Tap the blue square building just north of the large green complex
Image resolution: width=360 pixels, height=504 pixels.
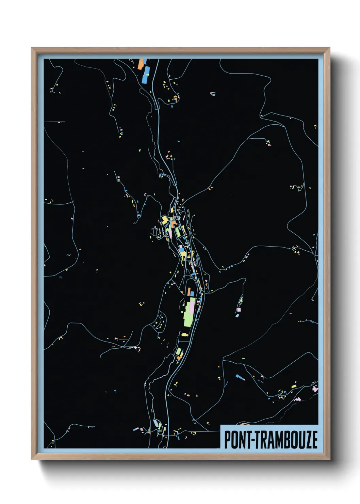[192, 293]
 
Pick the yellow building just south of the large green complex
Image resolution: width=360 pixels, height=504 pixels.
[185, 334]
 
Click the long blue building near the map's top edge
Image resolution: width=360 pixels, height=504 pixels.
[146, 75]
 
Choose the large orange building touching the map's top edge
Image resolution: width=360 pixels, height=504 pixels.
[141, 64]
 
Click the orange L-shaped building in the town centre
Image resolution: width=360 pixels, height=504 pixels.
[173, 224]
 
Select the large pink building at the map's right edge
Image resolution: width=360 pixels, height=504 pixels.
[315, 388]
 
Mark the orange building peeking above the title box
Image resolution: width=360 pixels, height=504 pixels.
[244, 424]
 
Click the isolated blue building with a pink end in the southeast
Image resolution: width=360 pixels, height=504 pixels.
[240, 377]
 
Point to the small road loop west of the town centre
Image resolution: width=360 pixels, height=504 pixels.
[138, 215]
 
